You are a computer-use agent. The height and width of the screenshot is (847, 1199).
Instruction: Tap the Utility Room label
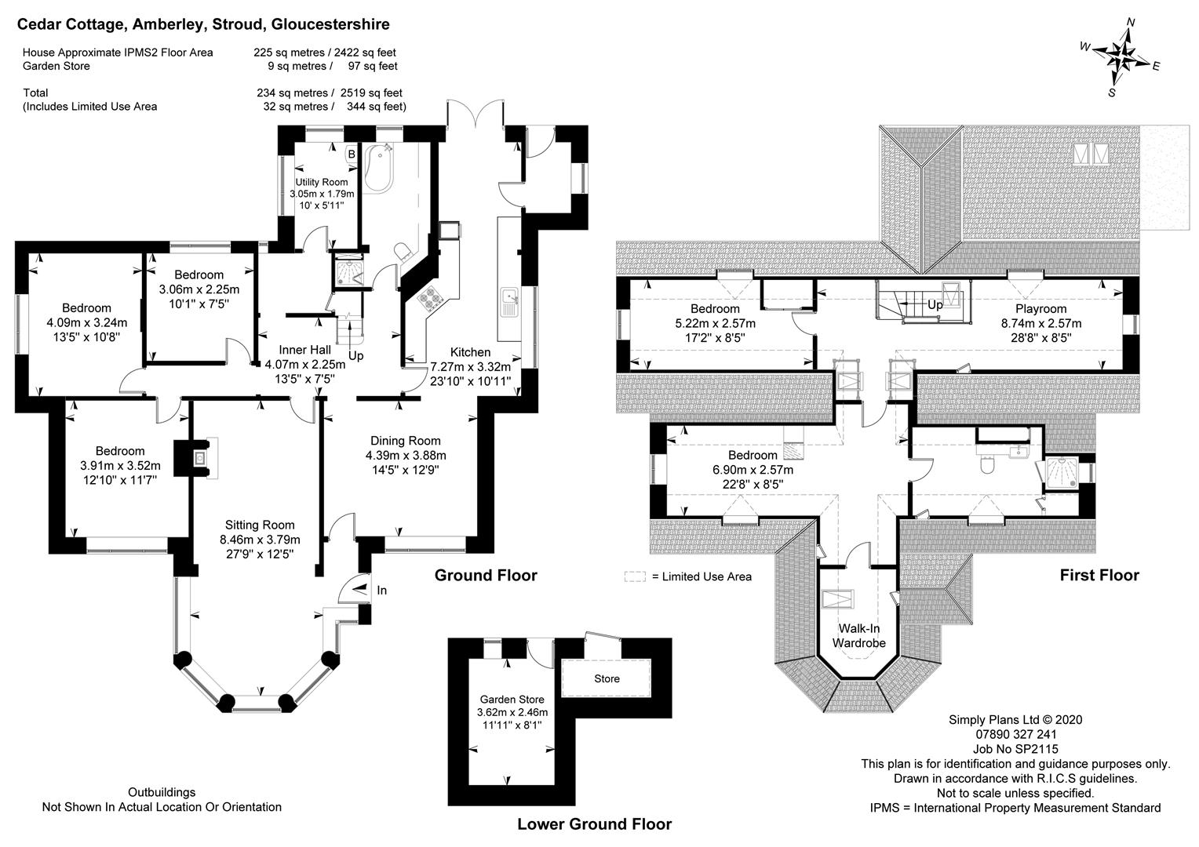click(x=322, y=183)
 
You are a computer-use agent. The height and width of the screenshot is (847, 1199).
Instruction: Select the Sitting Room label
click(x=260, y=525)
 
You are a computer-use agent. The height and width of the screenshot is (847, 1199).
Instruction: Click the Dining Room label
click(x=406, y=441)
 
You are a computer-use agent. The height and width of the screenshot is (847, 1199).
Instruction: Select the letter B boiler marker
click(x=352, y=154)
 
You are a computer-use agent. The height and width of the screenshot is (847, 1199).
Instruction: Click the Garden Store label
click(x=512, y=700)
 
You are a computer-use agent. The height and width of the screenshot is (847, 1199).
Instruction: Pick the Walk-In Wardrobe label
click(x=858, y=636)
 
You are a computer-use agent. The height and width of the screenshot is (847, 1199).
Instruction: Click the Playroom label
click(x=1040, y=309)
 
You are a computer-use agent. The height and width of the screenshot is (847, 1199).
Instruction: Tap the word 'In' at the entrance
click(x=382, y=591)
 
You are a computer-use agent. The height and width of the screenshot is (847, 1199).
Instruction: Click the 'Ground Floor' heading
click(x=486, y=576)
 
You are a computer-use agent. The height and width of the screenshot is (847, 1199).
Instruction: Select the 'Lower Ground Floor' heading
click(x=594, y=824)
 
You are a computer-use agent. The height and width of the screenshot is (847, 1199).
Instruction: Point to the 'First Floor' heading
click(x=1099, y=576)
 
